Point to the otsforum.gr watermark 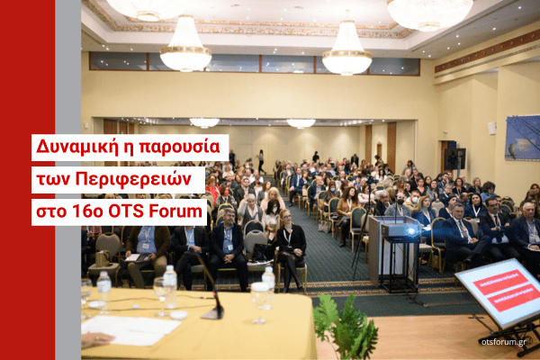(503, 342)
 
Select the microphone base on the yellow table (212, 313)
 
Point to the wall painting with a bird (522, 138)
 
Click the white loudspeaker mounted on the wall (491, 128)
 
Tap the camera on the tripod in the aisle (372, 180)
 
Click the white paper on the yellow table (130, 329)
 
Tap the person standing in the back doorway (261, 161)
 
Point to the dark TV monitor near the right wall (454, 158)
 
